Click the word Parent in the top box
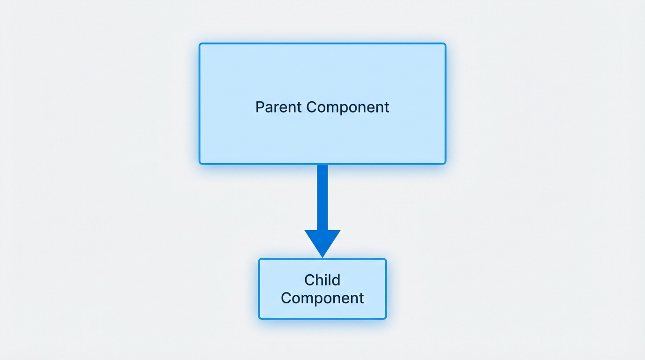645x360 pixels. pyautogui.click(x=279, y=107)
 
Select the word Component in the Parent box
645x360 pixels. pyautogui.click(x=348, y=107)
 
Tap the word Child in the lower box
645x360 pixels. pyautogui.click(x=322, y=280)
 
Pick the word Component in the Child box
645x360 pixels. pyautogui.click(x=322, y=298)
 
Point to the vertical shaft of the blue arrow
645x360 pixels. pyautogui.click(x=322, y=197)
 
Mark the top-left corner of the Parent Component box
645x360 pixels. pyautogui.click(x=200, y=44)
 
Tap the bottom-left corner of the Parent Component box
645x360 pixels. pyautogui.click(x=200, y=163)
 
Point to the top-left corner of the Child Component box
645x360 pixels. pyautogui.click(x=260, y=259)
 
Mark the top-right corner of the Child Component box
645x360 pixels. pyautogui.click(x=385, y=259)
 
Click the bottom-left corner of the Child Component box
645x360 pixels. pyautogui.click(x=260, y=318)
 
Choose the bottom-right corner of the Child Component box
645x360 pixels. pyautogui.click(x=385, y=318)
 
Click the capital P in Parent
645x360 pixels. pyautogui.click(x=259, y=107)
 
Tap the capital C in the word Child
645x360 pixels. pyautogui.click(x=309, y=280)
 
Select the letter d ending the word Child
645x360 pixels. pyautogui.click(x=336, y=280)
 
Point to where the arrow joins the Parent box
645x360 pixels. pyautogui.click(x=322, y=165)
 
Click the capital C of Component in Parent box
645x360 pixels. pyautogui.click(x=311, y=107)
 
